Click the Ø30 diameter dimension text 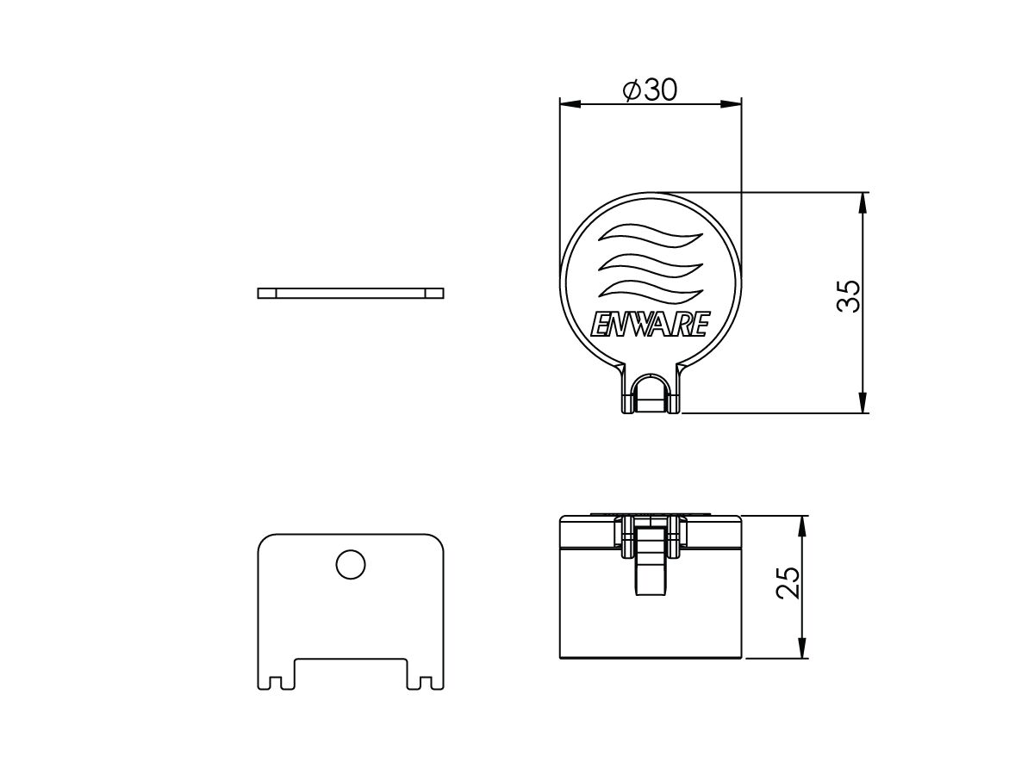(x=650, y=90)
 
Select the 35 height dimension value (x=849, y=296)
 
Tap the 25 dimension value (x=788, y=583)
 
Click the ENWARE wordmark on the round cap (x=650, y=325)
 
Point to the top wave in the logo (x=650, y=233)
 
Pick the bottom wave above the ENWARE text (x=650, y=288)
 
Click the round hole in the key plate (x=351, y=565)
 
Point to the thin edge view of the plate (x=351, y=293)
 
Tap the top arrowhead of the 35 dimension (x=863, y=201)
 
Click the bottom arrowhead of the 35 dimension (x=863, y=404)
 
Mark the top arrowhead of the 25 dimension (x=803, y=524)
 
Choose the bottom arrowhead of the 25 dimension (x=803, y=650)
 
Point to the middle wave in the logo (x=650, y=261)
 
